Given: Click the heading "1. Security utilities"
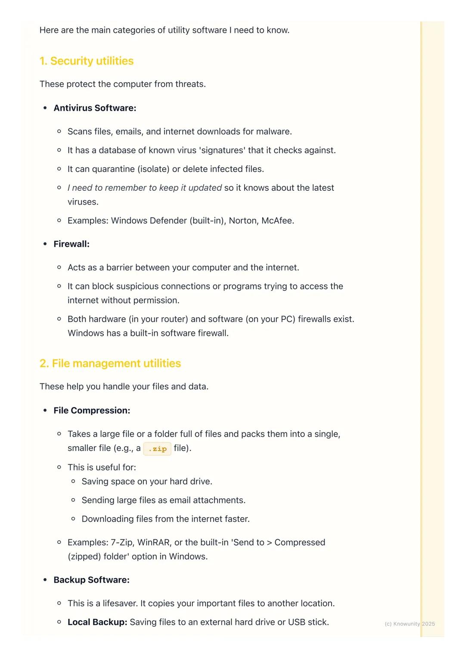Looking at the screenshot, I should click(87, 61).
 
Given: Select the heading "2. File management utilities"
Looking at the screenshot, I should click(110, 363).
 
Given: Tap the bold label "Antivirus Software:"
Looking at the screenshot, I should click(95, 108).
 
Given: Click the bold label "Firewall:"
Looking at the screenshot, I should click(71, 244).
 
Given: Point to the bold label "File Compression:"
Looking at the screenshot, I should click(92, 410).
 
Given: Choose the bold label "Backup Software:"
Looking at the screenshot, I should click(91, 580).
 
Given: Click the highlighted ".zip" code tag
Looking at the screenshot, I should click(157, 449).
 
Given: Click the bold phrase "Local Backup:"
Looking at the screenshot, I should click(97, 622).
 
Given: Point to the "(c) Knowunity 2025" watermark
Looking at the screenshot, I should click(409, 624).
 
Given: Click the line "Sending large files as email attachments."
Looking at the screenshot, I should click(164, 500).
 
